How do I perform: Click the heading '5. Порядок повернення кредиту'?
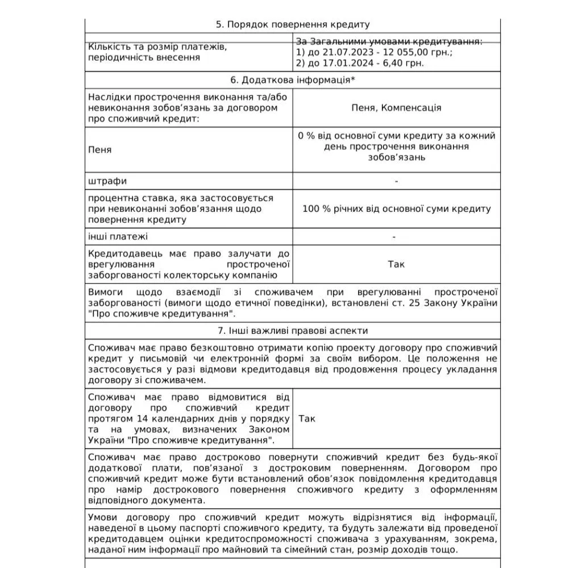tap(292, 24)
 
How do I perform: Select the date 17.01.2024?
tap(336, 62)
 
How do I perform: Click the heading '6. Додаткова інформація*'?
tap(292, 80)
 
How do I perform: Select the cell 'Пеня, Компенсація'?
tap(396, 108)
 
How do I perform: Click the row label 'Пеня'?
tap(100, 150)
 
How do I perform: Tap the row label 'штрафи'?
tap(107, 181)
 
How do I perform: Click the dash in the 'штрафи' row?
tap(396, 181)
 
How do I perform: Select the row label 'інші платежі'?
tap(118, 236)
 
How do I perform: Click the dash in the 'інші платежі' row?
tap(394, 236)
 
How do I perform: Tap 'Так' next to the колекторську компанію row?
tap(396, 264)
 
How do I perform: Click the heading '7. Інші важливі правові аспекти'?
tap(292, 330)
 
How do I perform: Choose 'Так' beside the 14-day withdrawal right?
tap(307, 419)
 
